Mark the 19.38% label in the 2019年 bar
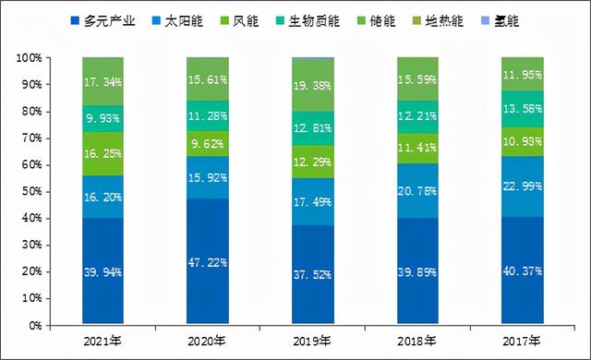(x=312, y=85)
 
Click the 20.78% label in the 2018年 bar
(x=417, y=191)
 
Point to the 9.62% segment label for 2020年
(x=208, y=144)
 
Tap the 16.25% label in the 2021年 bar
(x=103, y=153)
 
